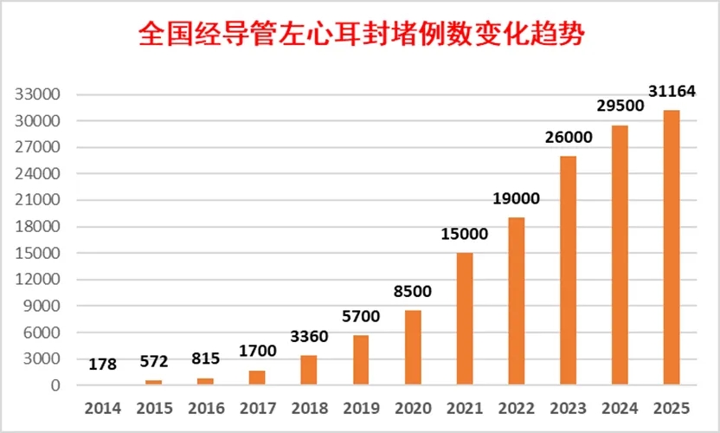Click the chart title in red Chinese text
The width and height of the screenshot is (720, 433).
pyautogui.click(x=360, y=34)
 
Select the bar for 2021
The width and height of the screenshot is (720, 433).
pyautogui.click(x=465, y=319)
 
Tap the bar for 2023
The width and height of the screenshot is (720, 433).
pyautogui.click(x=568, y=270)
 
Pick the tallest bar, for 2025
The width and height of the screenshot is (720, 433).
pyautogui.click(x=672, y=248)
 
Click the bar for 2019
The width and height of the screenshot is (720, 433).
pyautogui.click(x=361, y=359)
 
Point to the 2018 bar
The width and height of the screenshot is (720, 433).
pyautogui.click(x=309, y=370)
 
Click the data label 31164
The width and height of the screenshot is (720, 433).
pyautogui.click(x=672, y=91)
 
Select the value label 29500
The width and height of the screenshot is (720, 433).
pyautogui.click(x=620, y=106)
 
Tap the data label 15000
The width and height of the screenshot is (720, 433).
pyautogui.click(x=465, y=233)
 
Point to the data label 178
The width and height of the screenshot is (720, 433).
pyautogui.click(x=102, y=365)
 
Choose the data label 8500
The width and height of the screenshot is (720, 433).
pyautogui.click(x=413, y=291)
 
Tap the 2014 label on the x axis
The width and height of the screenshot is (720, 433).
pyautogui.click(x=102, y=407)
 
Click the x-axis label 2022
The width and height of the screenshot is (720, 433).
pyautogui.click(x=517, y=407)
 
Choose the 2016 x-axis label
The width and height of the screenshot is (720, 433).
pyautogui.click(x=206, y=407)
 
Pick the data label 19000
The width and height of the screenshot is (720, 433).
pyautogui.click(x=517, y=198)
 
